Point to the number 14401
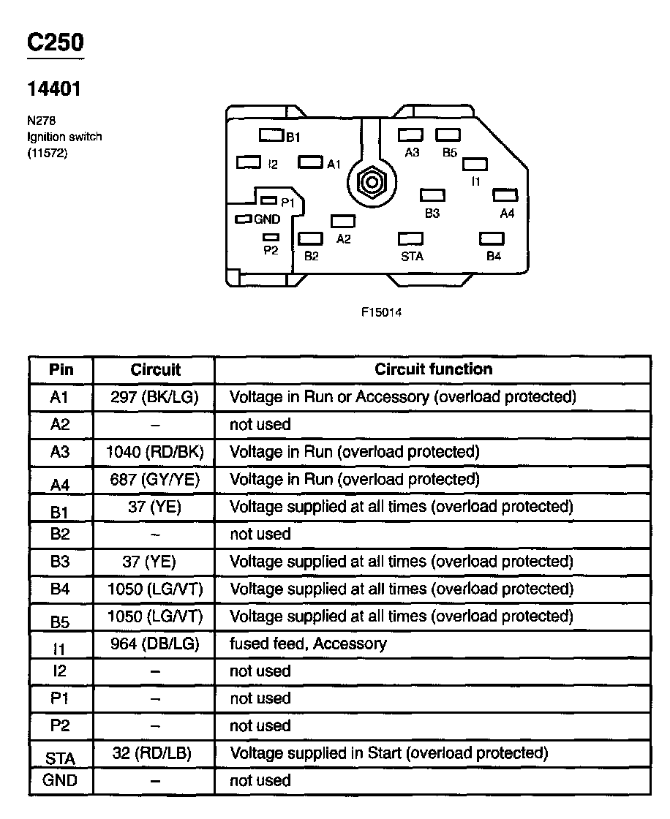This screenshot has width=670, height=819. coord(53,89)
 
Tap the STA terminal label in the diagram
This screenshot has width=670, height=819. coord(412,257)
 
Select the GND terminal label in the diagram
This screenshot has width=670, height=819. coord(267,219)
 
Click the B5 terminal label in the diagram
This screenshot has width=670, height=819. coord(449,153)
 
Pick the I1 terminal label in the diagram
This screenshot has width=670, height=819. coord(475,181)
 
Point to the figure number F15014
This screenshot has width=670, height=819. coord(381,312)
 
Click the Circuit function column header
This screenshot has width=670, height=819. coord(433,369)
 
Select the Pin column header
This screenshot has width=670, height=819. coord(61,369)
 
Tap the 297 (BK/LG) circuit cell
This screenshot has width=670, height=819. coord(154,397)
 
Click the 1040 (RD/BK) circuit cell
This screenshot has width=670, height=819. coord(154,452)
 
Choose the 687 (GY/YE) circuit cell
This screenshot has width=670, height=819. coord(154,479)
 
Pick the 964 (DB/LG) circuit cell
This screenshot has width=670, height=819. coord(154,643)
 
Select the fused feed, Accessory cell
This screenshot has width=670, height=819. coord(308,643)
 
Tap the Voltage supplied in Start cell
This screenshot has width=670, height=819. coord(388,752)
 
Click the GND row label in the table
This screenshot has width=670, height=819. coord(60,780)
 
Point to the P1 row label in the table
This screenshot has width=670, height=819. coord(60,698)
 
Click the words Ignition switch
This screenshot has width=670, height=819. coord(64,137)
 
